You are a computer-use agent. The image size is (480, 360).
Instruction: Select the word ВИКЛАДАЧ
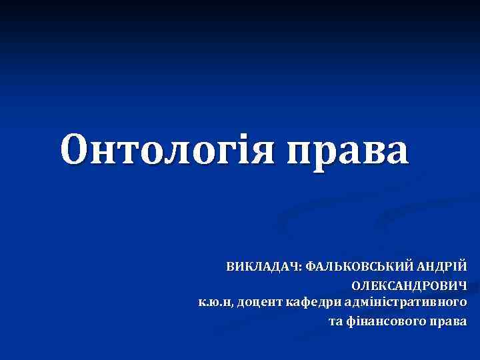[263, 267]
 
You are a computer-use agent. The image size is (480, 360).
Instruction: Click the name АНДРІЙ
[443, 267]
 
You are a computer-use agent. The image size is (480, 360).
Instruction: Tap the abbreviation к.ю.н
[215, 303]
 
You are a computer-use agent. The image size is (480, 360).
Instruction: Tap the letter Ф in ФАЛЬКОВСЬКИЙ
[310, 267]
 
